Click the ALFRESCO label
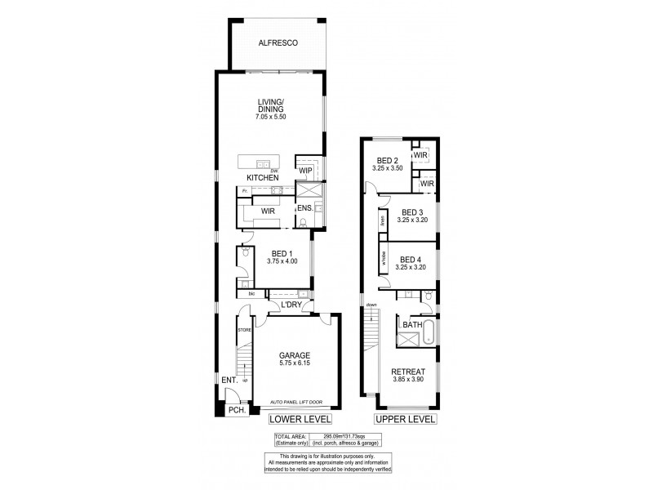click(x=277, y=42)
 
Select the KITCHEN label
click(x=263, y=177)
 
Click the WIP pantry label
click(x=306, y=171)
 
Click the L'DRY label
click(x=291, y=305)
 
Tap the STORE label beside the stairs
click(x=243, y=329)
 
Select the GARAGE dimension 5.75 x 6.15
click(x=293, y=364)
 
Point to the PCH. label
click(x=237, y=410)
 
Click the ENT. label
click(x=229, y=380)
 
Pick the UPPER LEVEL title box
click(x=405, y=420)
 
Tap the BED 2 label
click(x=387, y=160)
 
